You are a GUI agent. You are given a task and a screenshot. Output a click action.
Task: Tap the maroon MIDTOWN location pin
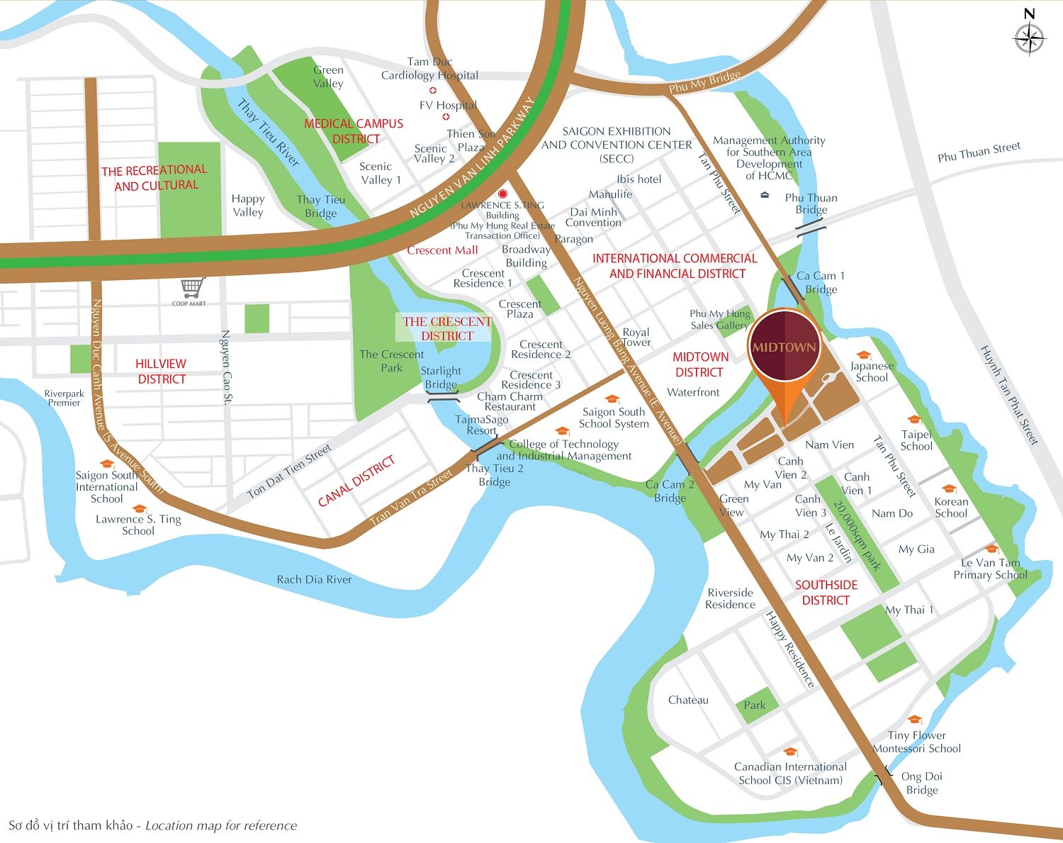click(784, 347)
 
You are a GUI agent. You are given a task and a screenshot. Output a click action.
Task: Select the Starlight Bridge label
click(441, 377)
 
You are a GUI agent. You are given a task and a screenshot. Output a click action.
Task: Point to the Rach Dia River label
click(314, 579)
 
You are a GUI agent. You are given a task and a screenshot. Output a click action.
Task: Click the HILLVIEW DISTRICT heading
click(162, 372)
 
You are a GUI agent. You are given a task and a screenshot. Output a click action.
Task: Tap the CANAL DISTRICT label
click(356, 481)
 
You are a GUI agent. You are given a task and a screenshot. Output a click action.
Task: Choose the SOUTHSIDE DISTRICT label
click(826, 593)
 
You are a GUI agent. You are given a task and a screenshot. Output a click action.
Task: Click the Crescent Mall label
click(442, 250)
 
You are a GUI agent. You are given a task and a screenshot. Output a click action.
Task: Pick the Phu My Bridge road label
click(704, 82)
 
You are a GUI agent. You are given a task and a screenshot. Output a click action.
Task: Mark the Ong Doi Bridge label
click(922, 783)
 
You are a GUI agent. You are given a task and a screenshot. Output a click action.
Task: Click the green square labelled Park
click(754, 705)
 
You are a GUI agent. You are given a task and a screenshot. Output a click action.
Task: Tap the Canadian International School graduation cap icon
click(790, 752)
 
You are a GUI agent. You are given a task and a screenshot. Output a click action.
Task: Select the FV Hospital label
click(448, 105)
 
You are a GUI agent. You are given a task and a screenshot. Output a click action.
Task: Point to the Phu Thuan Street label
click(979, 151)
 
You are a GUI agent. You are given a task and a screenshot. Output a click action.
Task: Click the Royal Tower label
click(636, 337)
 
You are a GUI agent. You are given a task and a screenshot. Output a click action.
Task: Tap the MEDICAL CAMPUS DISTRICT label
click(354, 131)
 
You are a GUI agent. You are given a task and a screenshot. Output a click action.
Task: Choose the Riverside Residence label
click(730, 598)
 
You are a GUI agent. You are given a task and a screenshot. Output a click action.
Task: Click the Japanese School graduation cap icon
click(863, 355)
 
